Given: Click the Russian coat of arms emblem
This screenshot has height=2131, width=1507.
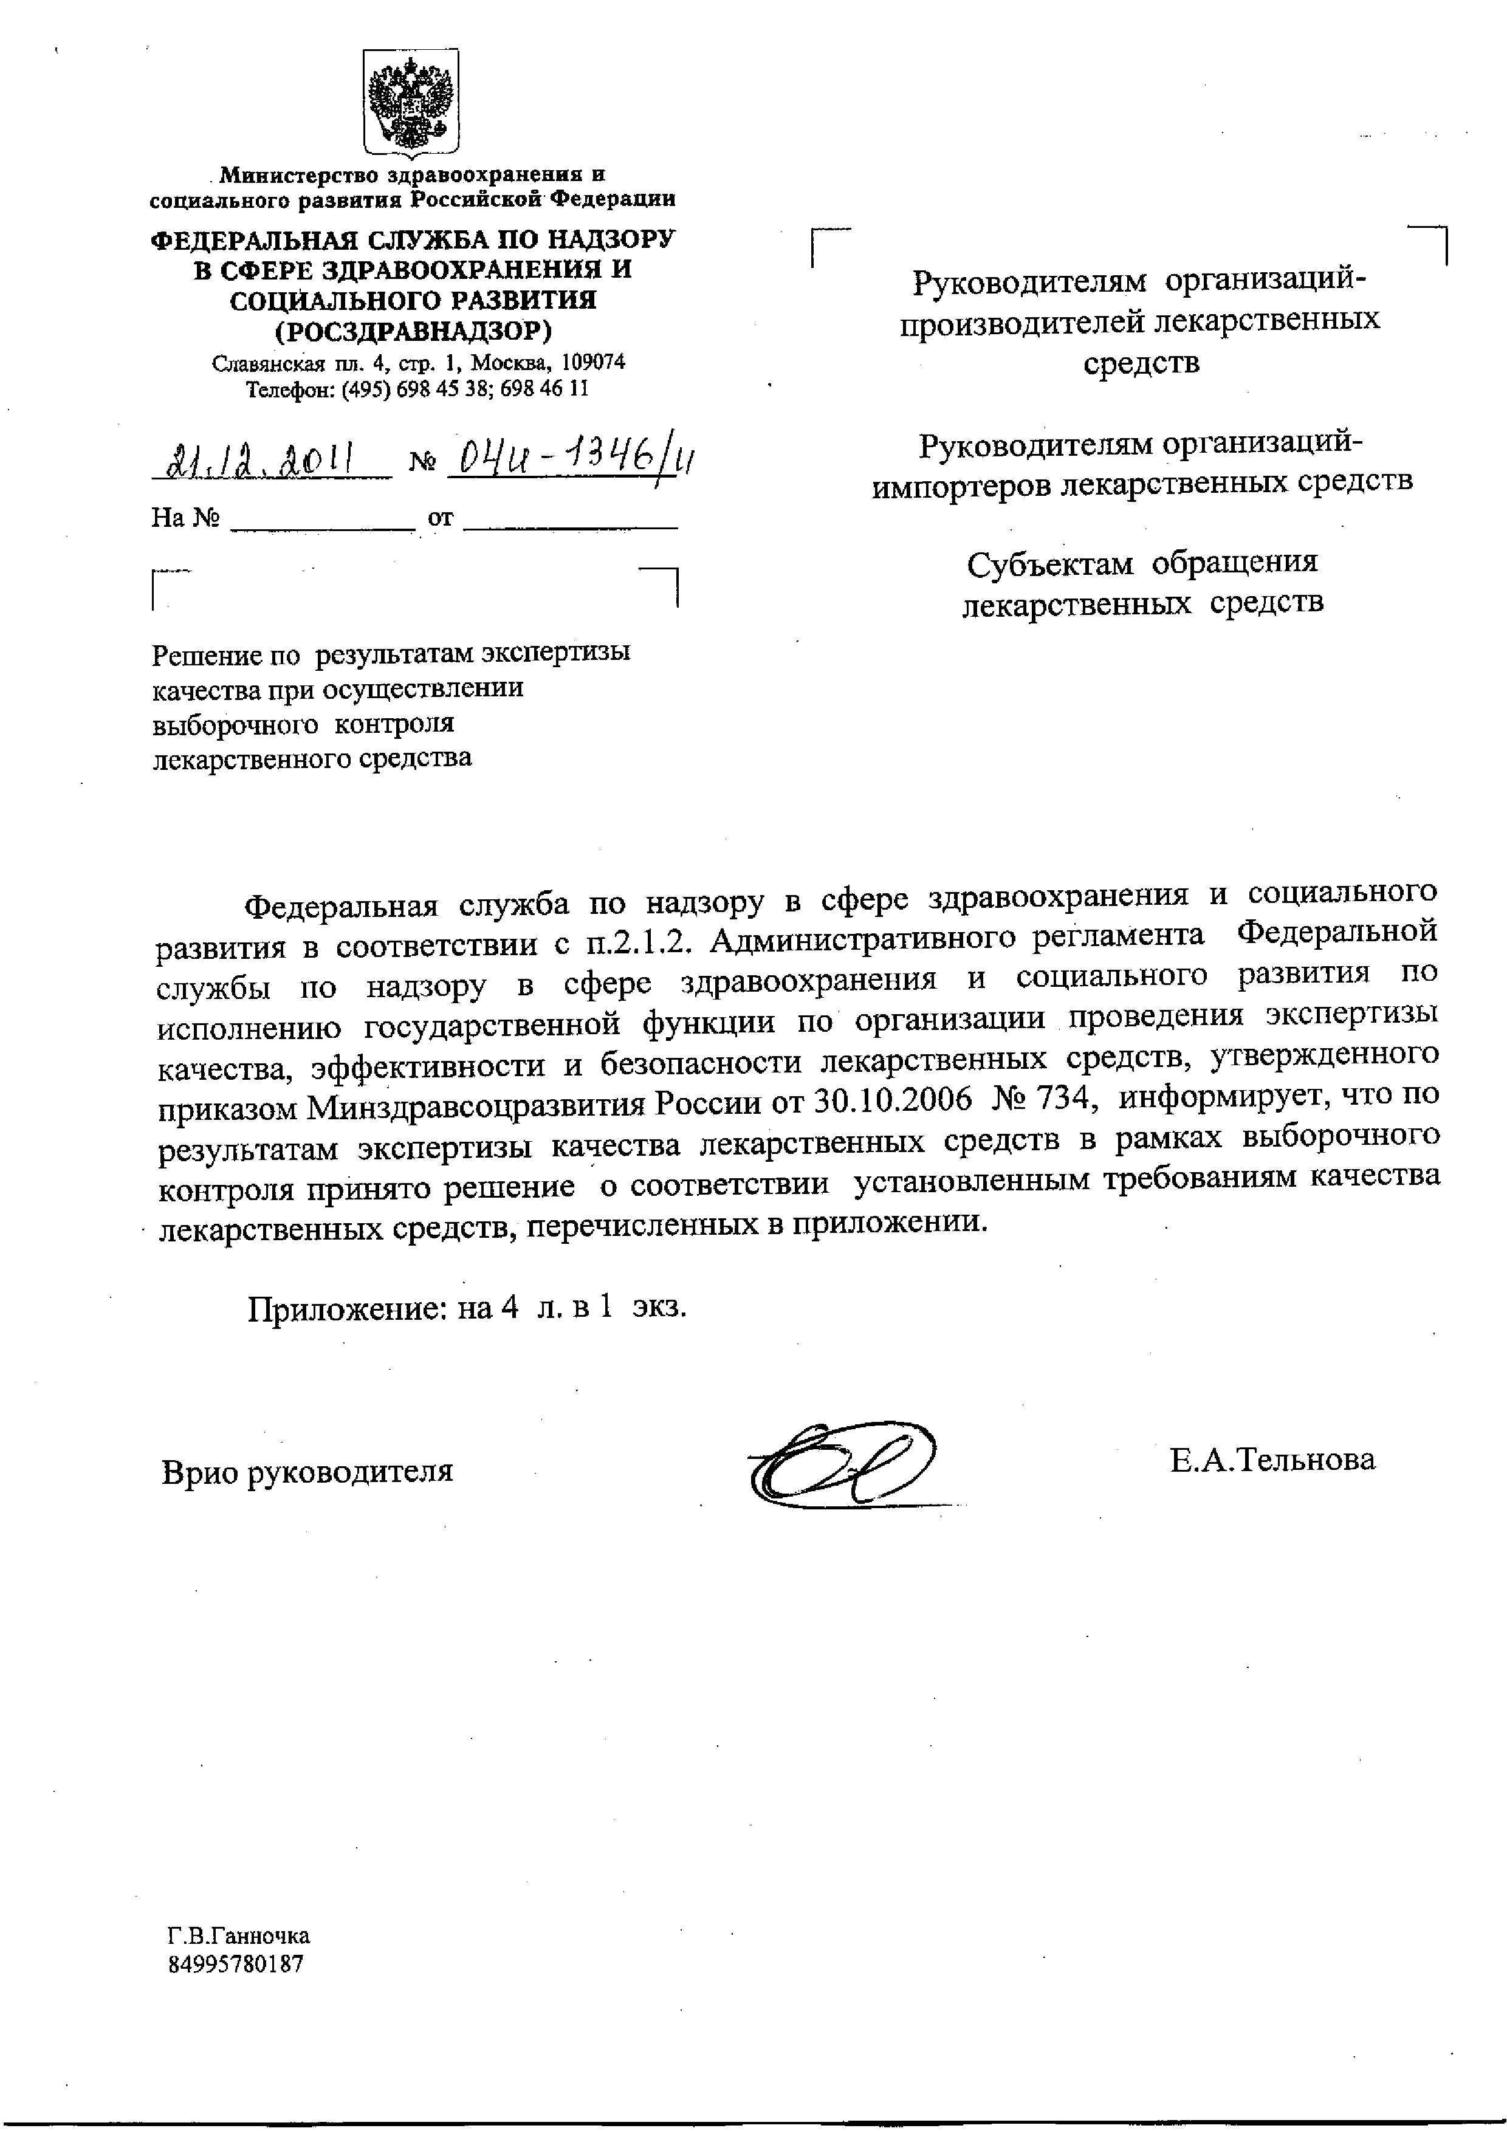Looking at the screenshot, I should tap(411, 102).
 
